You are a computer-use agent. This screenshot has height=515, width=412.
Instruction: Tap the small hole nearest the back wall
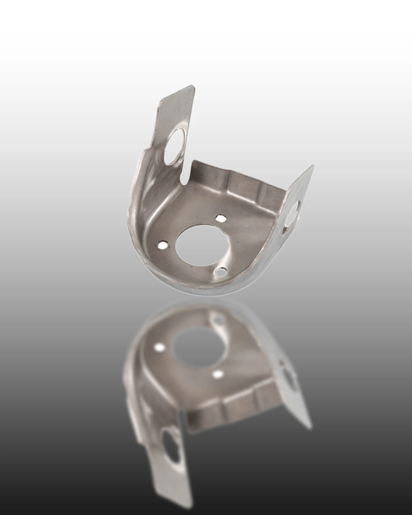point(220,218)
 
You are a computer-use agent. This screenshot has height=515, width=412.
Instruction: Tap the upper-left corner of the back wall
point(194,162)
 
